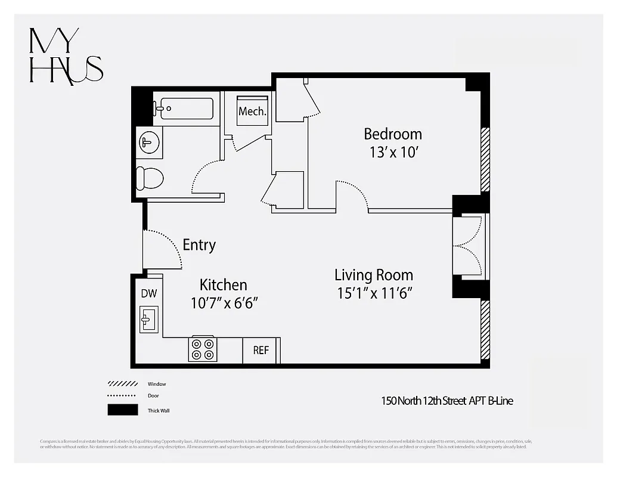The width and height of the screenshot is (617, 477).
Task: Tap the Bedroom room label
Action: pyautogui.click(x=393, y=134)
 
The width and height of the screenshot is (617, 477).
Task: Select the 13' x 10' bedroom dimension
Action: pyautogui.click(x=393, y=152)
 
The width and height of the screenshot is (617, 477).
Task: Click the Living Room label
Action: pyautogui.click(x=373, y=275)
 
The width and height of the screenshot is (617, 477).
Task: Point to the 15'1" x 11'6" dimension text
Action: pyautogui.click(x=373, y=293)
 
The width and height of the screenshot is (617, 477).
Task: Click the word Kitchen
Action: pyautogui.click(x=223, y=285)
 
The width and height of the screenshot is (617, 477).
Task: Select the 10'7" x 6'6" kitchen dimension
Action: pyautogui.click(x=224, y=303)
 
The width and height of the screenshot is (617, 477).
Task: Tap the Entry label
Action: pyautogui.click(x=199, y=245)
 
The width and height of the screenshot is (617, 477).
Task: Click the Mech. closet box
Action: pyautogui.click(x=252, y=111)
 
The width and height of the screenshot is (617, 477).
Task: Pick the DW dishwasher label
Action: pyautogui.click(x=148, y=293)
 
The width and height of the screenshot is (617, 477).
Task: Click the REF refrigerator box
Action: pyautogui.click(x=261, y=351)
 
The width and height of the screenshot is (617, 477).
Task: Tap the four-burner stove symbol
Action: pyautogui.click(x=203, y=350)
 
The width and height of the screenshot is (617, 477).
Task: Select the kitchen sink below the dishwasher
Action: pyautogui.click(x=148, y=320)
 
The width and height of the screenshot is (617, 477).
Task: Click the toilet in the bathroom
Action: pyautogui.click(x=149, y=178)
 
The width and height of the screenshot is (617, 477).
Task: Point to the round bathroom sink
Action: pyautogui.click(x=148, y=143)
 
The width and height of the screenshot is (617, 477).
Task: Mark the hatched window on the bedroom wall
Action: pyautogui.click(x=485, y=159)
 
